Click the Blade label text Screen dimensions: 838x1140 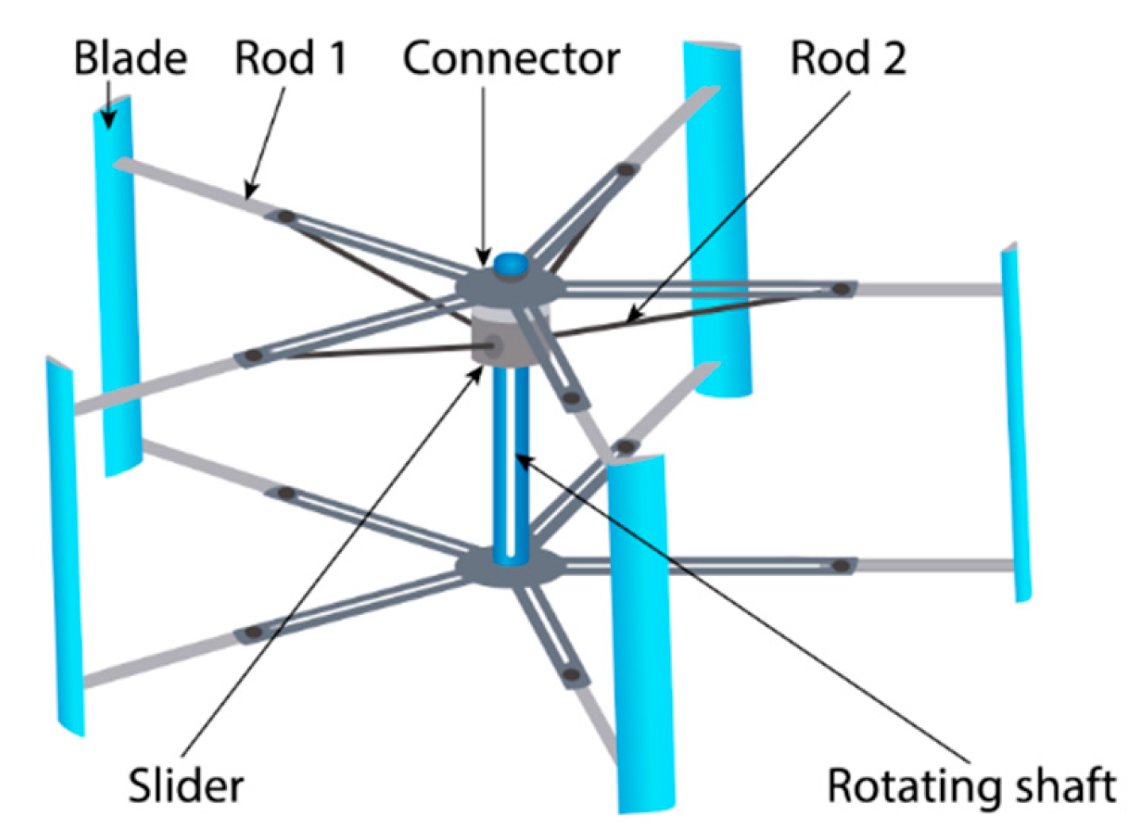130,58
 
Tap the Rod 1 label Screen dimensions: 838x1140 290,58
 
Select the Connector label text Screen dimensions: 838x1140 511,58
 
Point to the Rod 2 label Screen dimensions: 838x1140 848,58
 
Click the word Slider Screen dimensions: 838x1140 186,786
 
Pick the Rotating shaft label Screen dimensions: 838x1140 971,786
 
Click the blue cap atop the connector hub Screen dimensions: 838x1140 510,264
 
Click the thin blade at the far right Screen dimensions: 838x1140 1015,421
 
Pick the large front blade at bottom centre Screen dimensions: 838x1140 641,635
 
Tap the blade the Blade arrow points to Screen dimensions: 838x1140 117,286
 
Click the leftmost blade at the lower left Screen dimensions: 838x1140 63,548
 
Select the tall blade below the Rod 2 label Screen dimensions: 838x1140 718,222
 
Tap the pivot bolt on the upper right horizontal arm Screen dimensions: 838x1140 842,289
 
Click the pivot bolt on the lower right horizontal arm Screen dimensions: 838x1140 842,566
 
